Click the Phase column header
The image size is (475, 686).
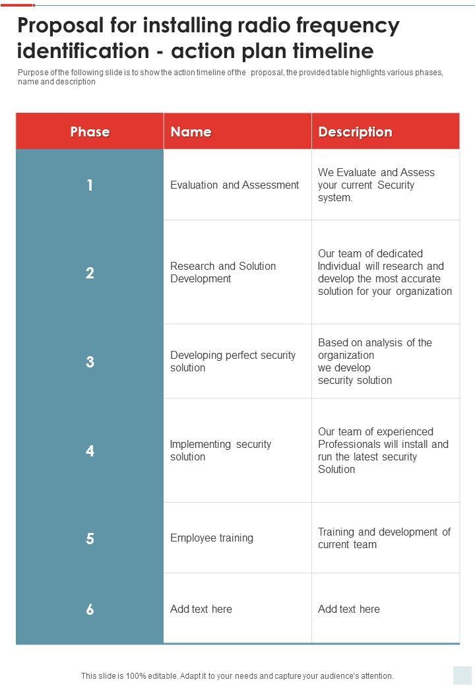(x=90, y=132)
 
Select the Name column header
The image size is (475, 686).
(x=191, y=132)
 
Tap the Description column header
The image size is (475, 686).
(x=355, y=132)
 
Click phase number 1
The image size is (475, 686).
(x=90, y=185)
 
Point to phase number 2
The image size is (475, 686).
(x=90, y=272)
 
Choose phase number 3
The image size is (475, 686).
(x=90, y=361)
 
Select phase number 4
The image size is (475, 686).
(x=90, y=451)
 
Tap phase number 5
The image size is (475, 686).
(x=90, y=538)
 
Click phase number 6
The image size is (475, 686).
(x=90, y=609)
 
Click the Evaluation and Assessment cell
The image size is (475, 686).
(x=234, y=185)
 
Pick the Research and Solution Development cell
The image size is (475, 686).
(x=223, y=272)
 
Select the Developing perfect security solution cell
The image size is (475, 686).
(x=232, y=361)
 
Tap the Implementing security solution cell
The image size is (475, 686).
(x=220, y=451)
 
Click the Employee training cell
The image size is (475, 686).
(x=211, y=538)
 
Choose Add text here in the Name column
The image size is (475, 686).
(x=201, y=609)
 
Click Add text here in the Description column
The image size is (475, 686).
(x=348, y=609)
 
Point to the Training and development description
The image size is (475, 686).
(x=384, y=538)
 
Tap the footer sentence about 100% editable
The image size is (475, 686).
(x=237, y=676)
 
